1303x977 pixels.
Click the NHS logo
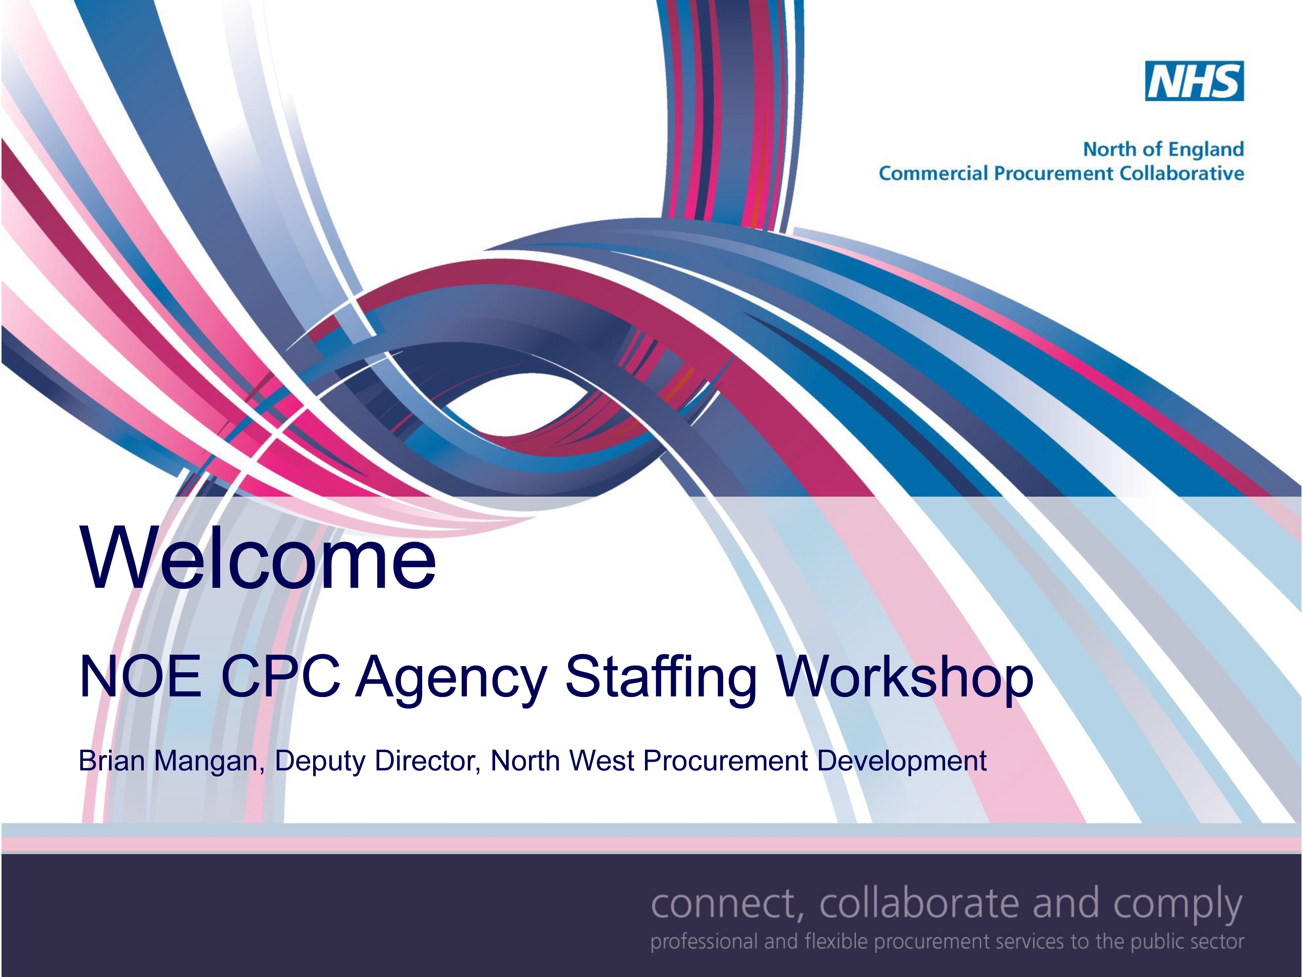point(1194,81)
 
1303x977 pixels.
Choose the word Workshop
point(905,680)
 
